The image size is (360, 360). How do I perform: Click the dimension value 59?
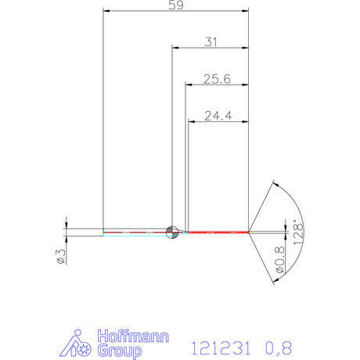tap(176, 5)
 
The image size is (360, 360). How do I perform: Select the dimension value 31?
tap(210, 43)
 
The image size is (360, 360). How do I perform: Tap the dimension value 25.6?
tap(216, 78)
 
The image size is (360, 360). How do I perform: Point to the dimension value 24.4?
tap(218, 116)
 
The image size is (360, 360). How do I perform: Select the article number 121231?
tap(224, 345)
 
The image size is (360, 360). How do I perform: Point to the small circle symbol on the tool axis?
tap(172, 231)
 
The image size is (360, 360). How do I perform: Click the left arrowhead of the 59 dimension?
tap(106, 12)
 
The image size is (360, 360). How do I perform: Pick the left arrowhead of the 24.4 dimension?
tap(191, 121)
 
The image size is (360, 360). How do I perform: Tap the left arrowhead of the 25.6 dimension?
tap(188, 85)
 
